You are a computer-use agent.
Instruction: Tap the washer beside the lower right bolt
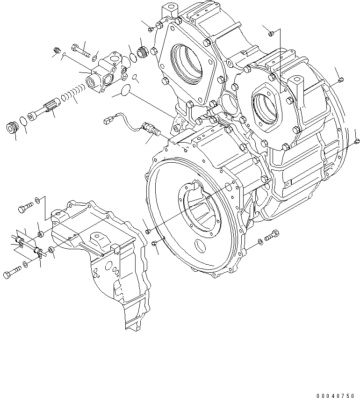pyautogui.click(x=260, y=242)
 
